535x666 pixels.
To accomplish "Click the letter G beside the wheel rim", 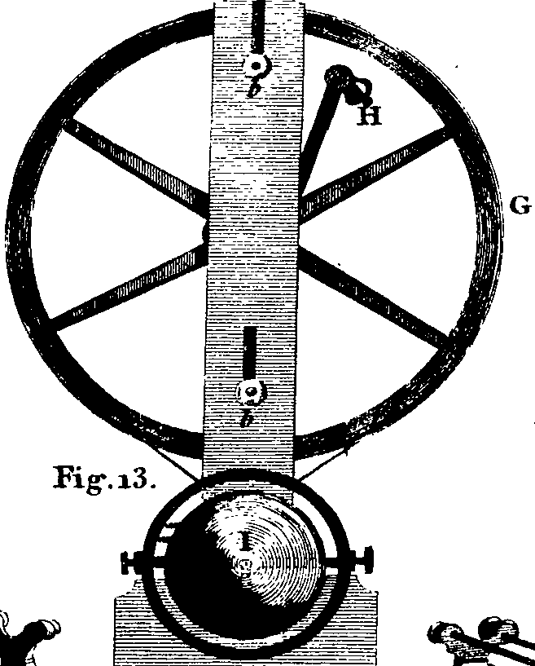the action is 520,205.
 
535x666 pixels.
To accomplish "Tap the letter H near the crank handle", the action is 369,115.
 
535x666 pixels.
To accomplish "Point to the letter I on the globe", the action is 244,541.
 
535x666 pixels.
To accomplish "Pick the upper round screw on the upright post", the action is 257,66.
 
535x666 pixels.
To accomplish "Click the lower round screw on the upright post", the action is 250,392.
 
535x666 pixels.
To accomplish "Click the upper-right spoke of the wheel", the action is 372,174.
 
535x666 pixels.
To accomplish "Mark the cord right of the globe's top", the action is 322,465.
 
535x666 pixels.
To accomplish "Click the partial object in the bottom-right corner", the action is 484,642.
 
